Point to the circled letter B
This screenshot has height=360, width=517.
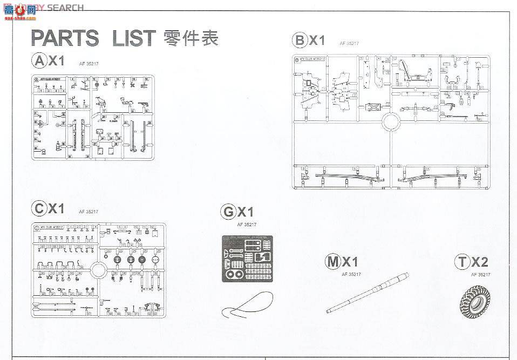pyautogui.click(x=299, y=40)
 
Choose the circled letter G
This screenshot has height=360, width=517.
pyautogui.click(x=228, y=210)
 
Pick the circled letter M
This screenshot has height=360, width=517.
pyautogui.click(x=333, y=262)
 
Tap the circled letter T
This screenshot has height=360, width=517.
pyautogui.click(x=462, y=262)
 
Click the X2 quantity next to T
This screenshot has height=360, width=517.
pyautogui.click(x=479, y=262)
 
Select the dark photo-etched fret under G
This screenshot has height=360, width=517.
pyautogui.click(x=248, y=259)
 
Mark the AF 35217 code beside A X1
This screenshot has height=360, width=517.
pyautogui.click(x=88, y=64)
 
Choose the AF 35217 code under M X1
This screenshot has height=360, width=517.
pyautogui.click(x=351, y=274)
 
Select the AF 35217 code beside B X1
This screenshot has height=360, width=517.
pyautogui.click(x=349, y=43)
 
